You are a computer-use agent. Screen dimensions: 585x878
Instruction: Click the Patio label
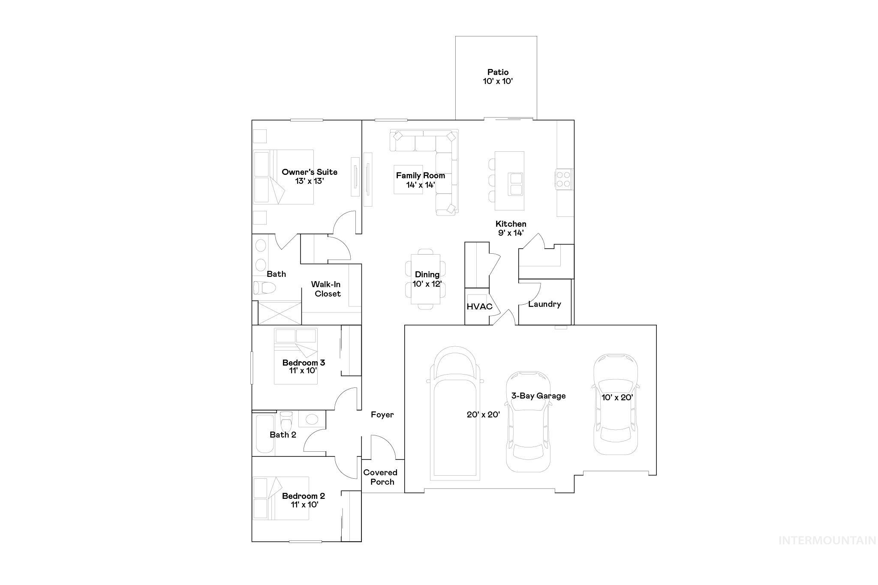[498, 72]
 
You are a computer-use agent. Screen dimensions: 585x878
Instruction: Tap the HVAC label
[479, 307]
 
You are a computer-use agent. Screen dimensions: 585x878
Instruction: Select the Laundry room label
[544, 304]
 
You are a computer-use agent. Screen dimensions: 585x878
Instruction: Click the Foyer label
[382, 414]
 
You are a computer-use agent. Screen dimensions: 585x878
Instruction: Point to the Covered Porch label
[381, 477]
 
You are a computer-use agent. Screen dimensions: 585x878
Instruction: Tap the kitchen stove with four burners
[564, 179]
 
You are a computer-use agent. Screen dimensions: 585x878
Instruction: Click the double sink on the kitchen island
[516, 184]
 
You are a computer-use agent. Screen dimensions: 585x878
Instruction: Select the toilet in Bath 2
[286, 422]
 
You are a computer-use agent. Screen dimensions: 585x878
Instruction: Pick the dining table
[425, 279]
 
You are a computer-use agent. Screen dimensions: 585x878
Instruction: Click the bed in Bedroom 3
[296, 356]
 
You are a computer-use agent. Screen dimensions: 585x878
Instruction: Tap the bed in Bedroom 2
[280, 498]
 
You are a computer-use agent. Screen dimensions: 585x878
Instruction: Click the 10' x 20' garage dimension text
[617, 397]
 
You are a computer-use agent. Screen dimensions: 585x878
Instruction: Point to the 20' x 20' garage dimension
[483, 414]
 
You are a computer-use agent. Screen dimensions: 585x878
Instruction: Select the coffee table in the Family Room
[408, 180]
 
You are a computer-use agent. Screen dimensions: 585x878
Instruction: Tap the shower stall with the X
[280, 313]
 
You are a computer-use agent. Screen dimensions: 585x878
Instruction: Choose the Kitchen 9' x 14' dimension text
[511, 233]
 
